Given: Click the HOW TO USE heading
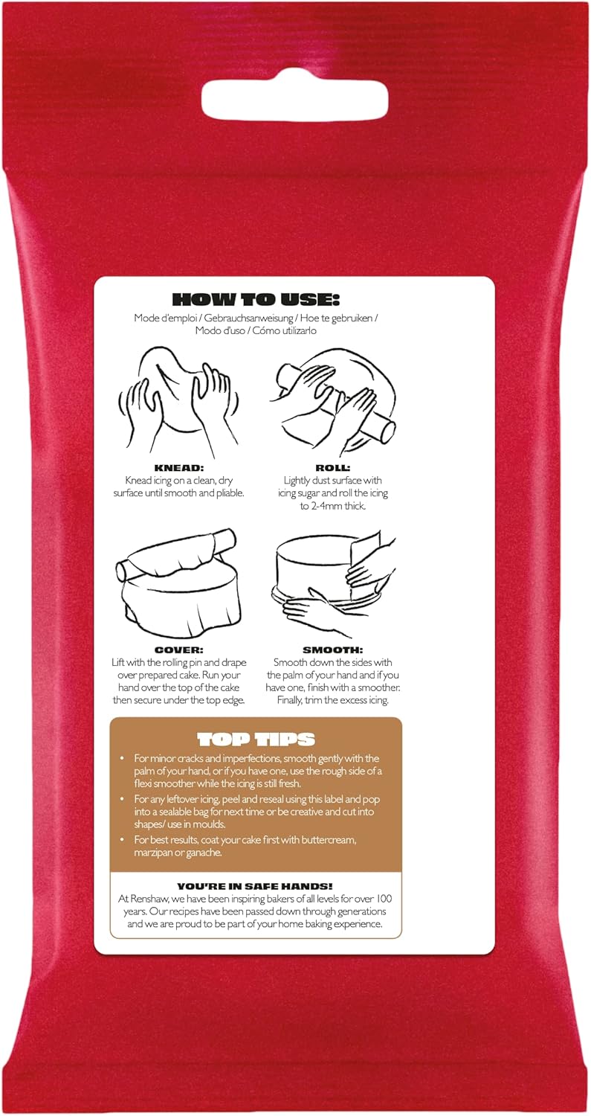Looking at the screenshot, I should point(256,300).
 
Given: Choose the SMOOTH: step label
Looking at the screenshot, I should point(332,650).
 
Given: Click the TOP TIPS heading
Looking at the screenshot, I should point(256,739).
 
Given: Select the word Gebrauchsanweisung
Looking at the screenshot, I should point(239,318).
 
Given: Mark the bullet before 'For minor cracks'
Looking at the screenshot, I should point(123,758).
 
